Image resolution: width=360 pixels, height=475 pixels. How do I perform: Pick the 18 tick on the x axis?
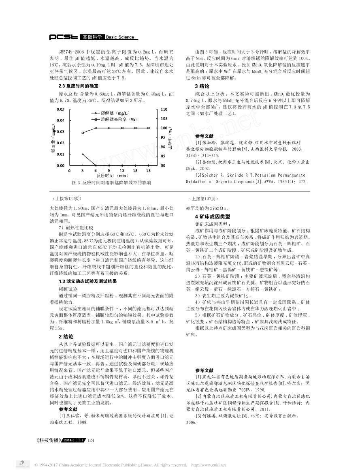(148, 171)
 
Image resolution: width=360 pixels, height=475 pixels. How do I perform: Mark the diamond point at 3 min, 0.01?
(83, 154)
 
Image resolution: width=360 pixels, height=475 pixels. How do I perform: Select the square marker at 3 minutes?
(83, 133)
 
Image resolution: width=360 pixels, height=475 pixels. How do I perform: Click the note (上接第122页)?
(66, 199)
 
